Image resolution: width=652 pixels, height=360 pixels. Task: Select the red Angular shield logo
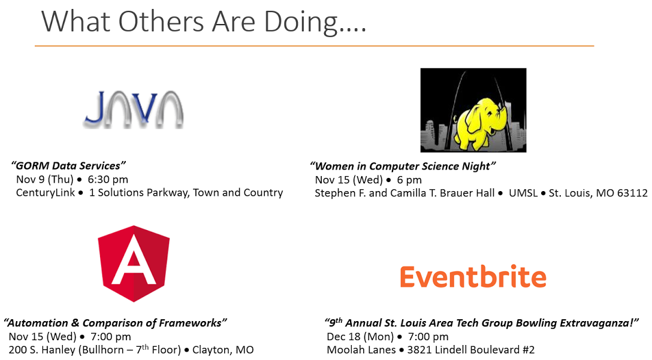coord(134,264)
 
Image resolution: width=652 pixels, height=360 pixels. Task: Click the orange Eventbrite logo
coord(473,277)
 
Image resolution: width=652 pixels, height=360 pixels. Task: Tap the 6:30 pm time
coord(108,180)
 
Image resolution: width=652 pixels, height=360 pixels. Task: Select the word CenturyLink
coord(46,192)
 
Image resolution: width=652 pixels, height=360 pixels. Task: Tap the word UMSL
coord(523,193)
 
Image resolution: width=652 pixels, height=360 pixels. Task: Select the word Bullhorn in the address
coord(103,350)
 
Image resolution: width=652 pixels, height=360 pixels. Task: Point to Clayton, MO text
coord(223,350)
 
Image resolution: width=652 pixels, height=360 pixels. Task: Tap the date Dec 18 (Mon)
coord(360,336)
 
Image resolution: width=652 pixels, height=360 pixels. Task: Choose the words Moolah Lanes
coord(361,350)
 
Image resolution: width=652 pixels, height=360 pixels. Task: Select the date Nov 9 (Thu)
coord(44,180)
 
